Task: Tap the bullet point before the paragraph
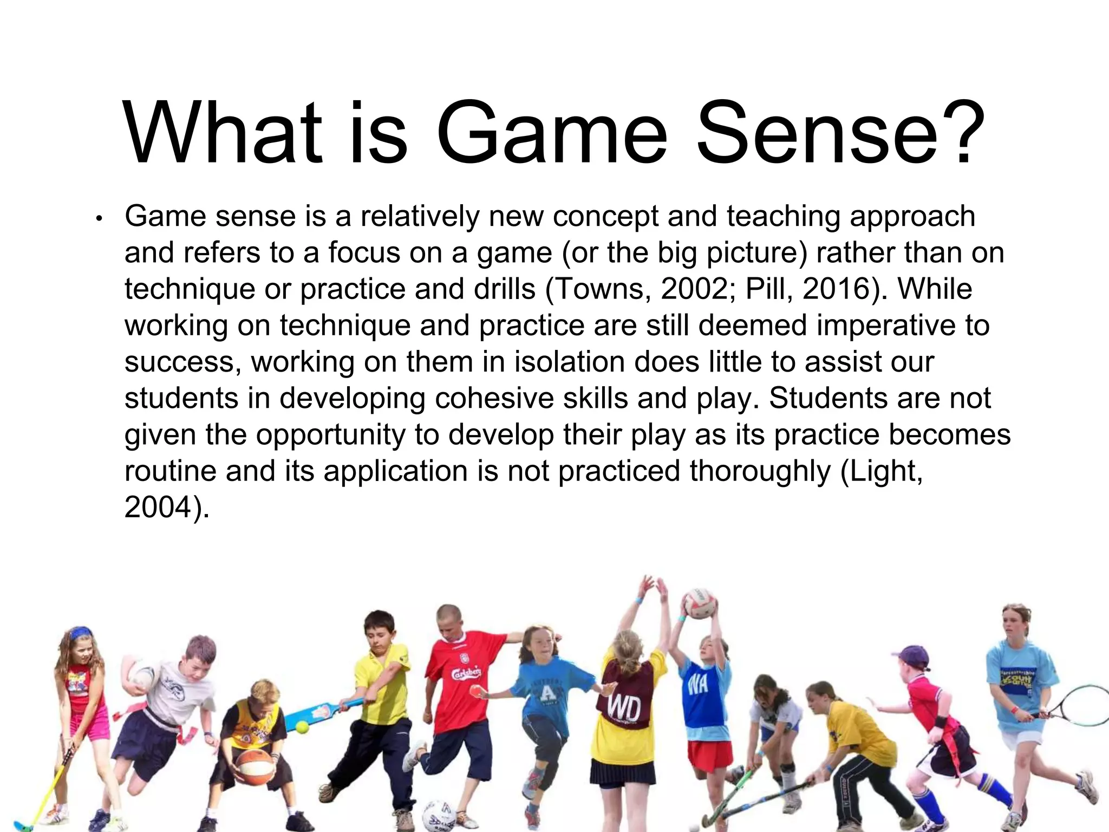(99, 219)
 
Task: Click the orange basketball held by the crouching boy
(255, 766)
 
